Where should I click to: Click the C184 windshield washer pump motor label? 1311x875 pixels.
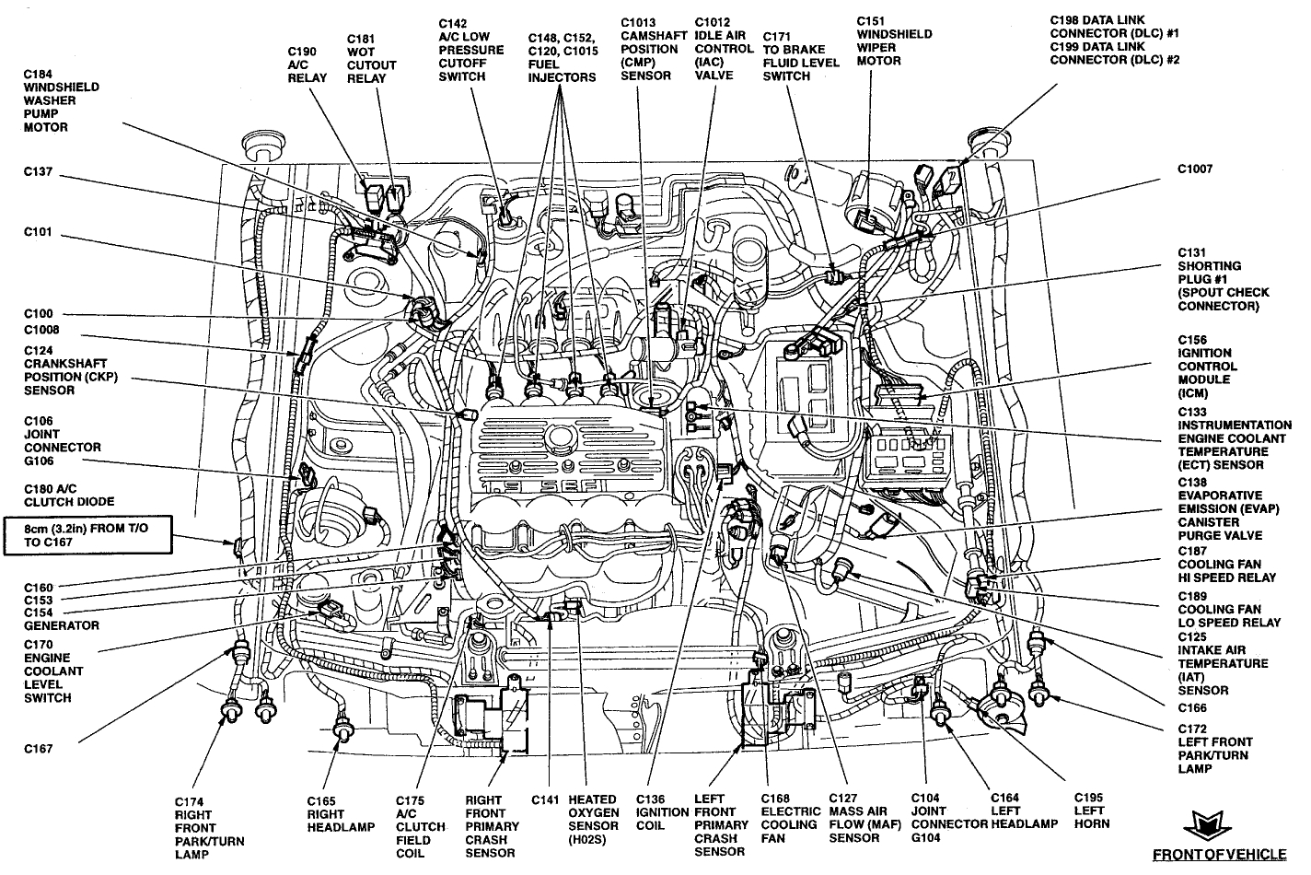[x=61, y=100]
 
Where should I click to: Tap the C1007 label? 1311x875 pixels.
[x=1195, y=169]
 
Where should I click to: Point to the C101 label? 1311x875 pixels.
[x=40, y=232]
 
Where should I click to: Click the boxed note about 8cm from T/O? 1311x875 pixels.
[x=88, y=535]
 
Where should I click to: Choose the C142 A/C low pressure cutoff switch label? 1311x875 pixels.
[x=470, y=50]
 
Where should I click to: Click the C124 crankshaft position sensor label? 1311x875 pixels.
[x=71, y=370]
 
